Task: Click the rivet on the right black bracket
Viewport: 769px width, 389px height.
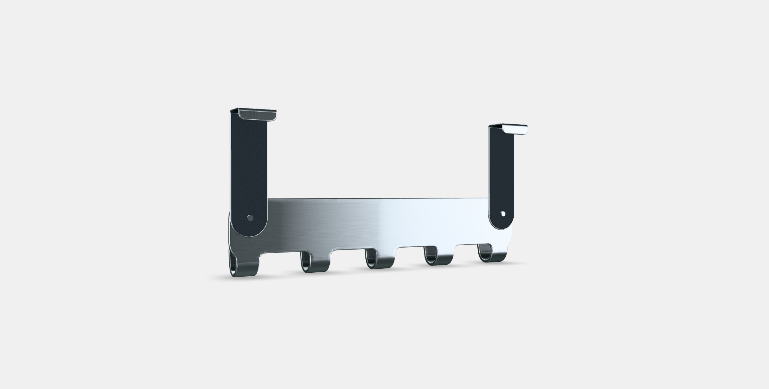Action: point(503,214)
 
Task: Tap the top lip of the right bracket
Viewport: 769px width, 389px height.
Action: point(514,129)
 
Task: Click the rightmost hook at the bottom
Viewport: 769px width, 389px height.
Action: point(492,255)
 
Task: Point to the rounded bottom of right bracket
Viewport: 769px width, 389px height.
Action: point(501,225)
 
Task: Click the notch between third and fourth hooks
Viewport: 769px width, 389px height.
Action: point(410,248)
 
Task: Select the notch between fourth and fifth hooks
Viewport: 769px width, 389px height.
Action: point(466,246)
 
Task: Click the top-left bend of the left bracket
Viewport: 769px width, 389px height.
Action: point(233,111)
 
